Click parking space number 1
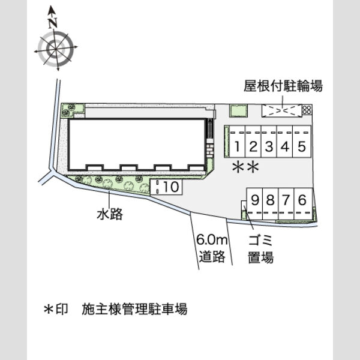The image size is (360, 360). click(x=238, y=142)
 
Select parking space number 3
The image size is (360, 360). click(x=269, y=142)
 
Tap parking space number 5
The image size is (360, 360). click(x=302, y=142)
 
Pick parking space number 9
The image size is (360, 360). click(x=254, y=204)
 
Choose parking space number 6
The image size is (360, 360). click(x=303, y=204)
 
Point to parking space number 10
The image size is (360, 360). click(x=166, y=187)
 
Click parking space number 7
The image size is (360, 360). click(x=286, y=204)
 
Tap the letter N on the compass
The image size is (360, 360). click(x=53, y=23)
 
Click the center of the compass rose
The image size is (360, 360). click(x=56, y=49)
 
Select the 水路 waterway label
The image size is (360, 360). click(x=110, y=214)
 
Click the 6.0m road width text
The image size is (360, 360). click(x=212, y=239)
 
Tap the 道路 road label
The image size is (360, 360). click(x=212, y=256)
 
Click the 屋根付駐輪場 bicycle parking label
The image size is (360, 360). click(x=283, y=86)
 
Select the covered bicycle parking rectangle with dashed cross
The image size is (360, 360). click(x=282, y=110)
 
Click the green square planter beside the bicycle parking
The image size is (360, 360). click(x=239, y=111)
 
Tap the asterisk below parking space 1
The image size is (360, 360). click(x=238, y=167)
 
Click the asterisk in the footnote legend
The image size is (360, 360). click(x=49, y=309)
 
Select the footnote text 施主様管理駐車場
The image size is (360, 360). click(x=134, y=309)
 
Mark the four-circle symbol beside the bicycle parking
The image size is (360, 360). click(x=307, y=110)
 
